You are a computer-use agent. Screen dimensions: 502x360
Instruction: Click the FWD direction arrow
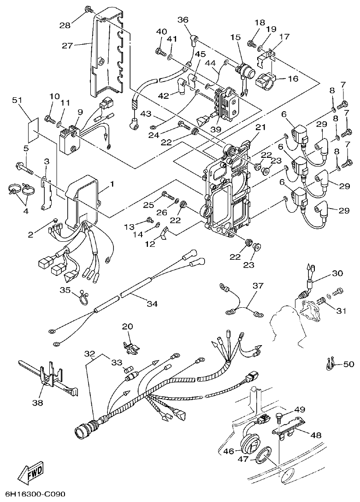[31, 472]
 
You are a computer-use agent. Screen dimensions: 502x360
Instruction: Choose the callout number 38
[37, 402]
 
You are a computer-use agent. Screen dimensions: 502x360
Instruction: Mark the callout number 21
[261, 127]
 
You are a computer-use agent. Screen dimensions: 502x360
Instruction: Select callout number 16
[293, 79]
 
